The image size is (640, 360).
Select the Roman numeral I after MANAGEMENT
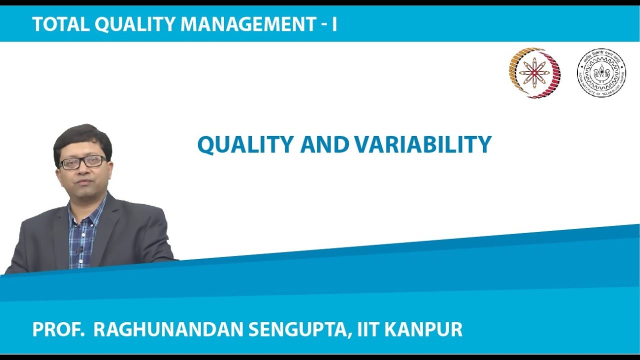point(334,24)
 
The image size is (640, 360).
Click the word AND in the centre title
point(324,145)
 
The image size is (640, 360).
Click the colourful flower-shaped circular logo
point(534,73)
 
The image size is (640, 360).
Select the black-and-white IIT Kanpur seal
point(601,73)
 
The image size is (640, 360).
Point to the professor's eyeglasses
point(82,162)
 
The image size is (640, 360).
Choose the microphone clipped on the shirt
point(80,248)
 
